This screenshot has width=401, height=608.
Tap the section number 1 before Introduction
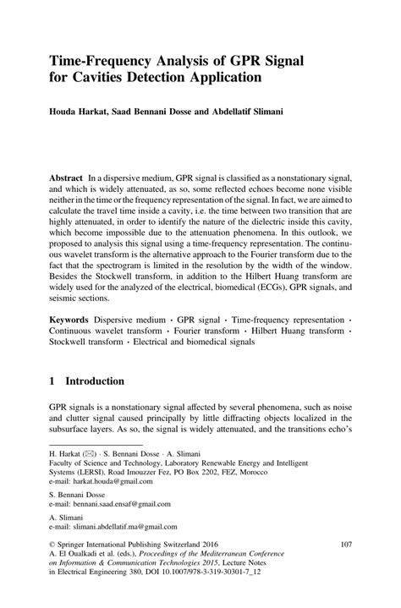52,381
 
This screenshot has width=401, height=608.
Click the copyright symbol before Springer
52,545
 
